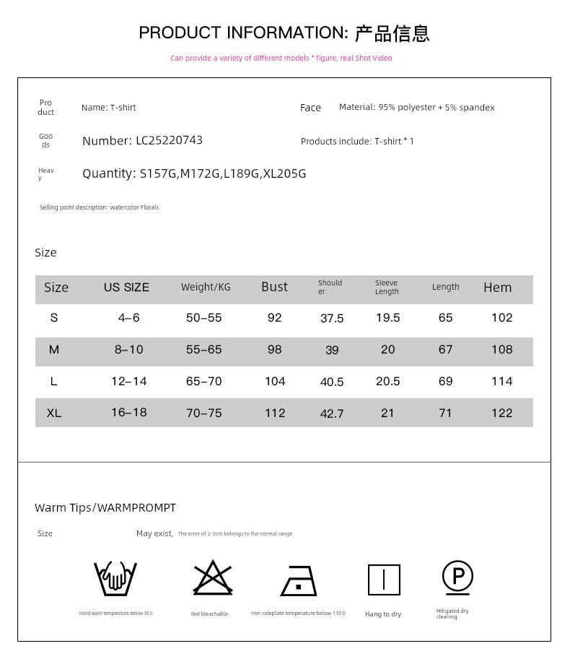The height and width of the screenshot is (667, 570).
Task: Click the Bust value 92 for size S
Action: click(x=274, y=318)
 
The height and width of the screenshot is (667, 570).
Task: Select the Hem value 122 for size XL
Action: click(x=501, y=413)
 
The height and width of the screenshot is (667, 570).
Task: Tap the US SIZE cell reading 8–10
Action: click(x=128, y=350)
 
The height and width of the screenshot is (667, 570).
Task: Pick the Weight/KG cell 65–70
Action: click(x=203, y=382)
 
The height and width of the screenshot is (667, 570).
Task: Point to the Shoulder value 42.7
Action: click(x=332, y=414)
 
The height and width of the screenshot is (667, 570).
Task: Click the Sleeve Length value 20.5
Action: click(x=387, y=382)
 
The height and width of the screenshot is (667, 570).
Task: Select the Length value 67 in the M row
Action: click(x=445, y=350)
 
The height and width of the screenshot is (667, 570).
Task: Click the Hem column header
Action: click(x=497, y=288)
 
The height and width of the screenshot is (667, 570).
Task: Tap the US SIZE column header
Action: click(x=126, y=288)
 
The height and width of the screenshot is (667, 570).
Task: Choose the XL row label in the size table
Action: click(x=53, y=413)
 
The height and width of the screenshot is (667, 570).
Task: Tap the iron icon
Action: click(x=299, y=580)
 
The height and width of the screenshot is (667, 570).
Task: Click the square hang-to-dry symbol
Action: click(x=384, y=580)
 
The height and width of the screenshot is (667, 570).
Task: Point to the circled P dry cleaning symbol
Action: click(x=457, y=577)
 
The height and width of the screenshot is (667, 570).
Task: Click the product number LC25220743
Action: click(x=169, y=141)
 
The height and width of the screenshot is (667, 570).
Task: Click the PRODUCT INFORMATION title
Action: click(x=284, y=33)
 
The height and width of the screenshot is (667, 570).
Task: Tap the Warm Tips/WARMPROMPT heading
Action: click(x=105, y=508)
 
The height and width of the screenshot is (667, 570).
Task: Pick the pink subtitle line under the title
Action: click(x=281, y=59)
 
